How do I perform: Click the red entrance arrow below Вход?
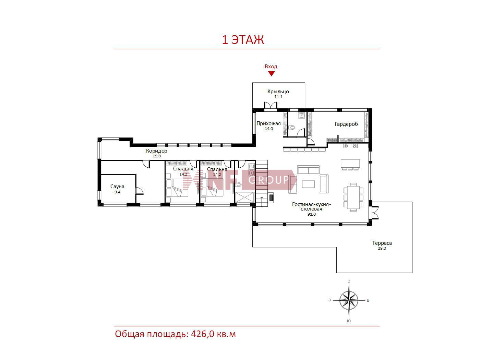(x=271, y=74)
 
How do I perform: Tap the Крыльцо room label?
(x=278, y=92)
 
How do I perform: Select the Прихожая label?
(x=268, y=123)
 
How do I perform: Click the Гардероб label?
(x=346, y=124)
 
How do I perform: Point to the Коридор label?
(x=157, y=151)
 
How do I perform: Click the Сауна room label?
(x=118, y=187)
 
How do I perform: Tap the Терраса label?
(x=382, y=243)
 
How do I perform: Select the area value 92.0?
(x=312, y=214)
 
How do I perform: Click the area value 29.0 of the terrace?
(x=382, y=248)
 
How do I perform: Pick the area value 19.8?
(x=157, y=156)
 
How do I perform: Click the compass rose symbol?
(x=349, y=301)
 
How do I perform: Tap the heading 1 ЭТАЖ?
(x=243, y=40)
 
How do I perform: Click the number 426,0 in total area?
(x=203, y=334)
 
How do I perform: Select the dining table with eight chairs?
(x=353, y=197)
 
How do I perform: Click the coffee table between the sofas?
(x=308, y=184)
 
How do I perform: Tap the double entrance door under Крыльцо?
(x=271, y=106)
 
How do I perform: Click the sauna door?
(x=139, y=191)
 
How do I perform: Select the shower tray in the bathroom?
(x=245, y=197)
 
